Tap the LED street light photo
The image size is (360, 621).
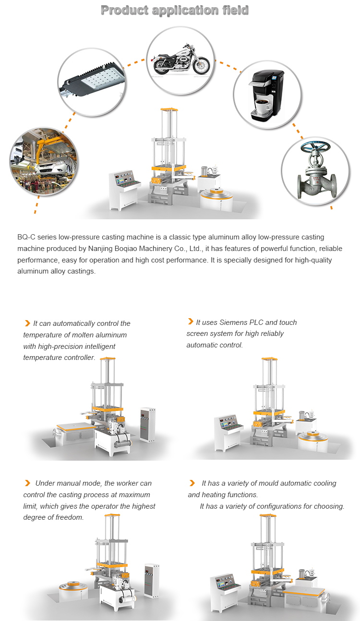point(92,81)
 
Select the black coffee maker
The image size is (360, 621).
point(266,96)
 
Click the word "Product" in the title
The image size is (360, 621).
point(125,11)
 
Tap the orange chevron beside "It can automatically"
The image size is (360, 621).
point(27,323)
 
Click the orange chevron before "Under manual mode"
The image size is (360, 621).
point(27,483)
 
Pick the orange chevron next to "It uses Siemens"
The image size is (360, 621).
point(190,322)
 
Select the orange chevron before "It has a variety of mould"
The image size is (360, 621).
point(192,483)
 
